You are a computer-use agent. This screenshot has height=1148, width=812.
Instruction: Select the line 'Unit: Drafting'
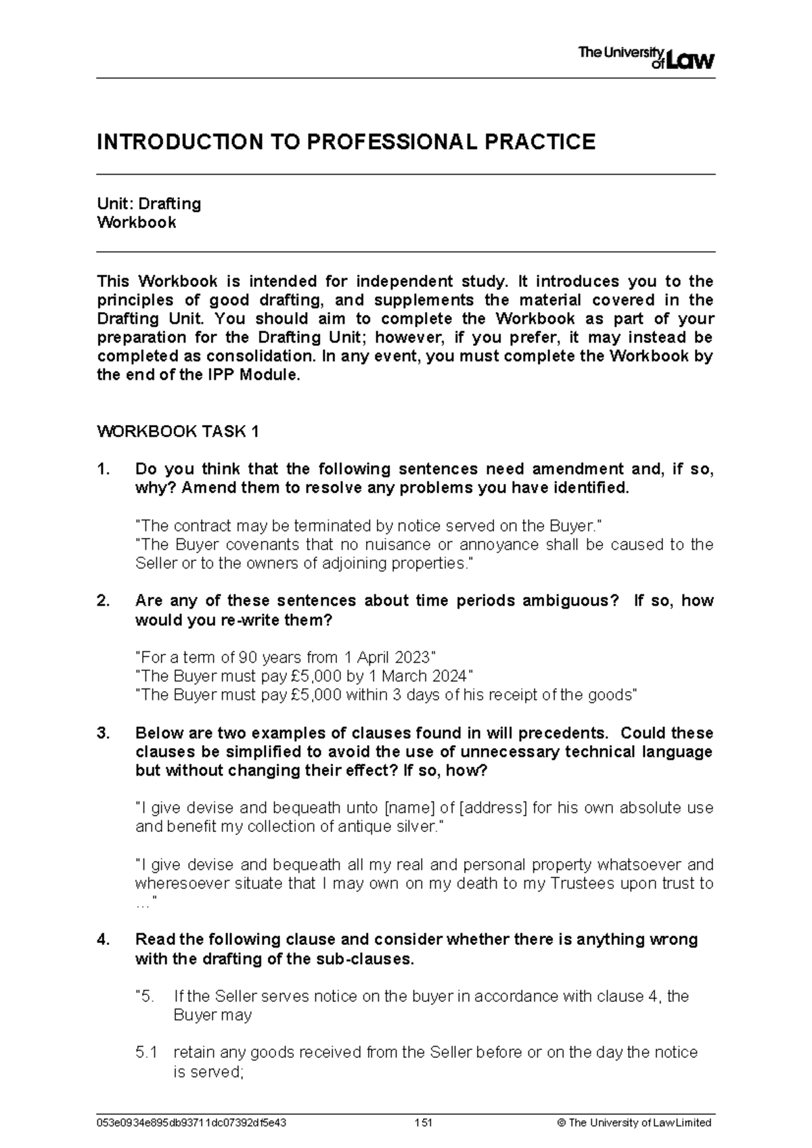[x=149, y=204]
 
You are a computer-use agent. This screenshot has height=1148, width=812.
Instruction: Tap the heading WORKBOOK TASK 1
[x=178, y=432]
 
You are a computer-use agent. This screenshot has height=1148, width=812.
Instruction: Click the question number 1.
[x=103, y=469]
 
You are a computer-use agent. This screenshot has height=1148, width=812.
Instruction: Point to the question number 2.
[x=103, y=601]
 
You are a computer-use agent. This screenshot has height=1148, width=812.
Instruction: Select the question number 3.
[x=103, y=734]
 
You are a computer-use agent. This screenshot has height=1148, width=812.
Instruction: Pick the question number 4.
[x=103, y=940]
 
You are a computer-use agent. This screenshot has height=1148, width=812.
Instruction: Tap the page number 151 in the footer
[x=424, y=1122]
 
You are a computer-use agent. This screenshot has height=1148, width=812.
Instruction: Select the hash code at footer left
[x=192, y=1122]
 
